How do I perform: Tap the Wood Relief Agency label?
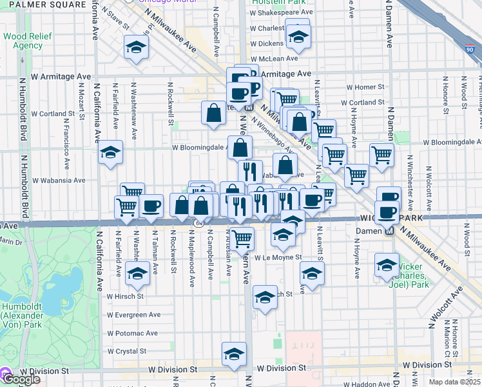[23, 41]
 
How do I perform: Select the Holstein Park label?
[284, 2]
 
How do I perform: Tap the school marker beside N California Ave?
[111, 154]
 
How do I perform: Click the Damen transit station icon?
[389, 231]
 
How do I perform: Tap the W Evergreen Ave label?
[133, 315]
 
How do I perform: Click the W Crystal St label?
[126, 352]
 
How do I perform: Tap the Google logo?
[21, 379]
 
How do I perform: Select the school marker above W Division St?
[234, 353]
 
